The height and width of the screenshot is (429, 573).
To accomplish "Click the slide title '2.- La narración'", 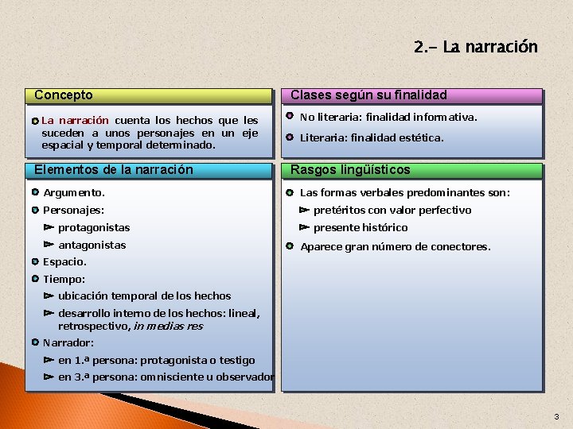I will [x=475, y=47].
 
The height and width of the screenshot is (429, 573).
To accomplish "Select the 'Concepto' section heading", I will [x=64, y=95].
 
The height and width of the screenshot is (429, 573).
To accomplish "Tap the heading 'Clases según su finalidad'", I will [x=368, y=95].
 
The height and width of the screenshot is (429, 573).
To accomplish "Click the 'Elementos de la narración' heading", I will [x=114, y=169].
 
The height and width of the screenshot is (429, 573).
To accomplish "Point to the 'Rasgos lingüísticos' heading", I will [x=350, y=169].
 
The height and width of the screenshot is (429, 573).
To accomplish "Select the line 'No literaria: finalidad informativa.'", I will [x=388, y=117].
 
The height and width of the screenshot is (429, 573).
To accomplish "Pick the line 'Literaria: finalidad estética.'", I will [x=372, y=137].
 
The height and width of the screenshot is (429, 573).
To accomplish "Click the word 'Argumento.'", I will [x=74, y=193].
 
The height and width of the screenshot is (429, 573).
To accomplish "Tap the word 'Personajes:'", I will [x=74, y=211].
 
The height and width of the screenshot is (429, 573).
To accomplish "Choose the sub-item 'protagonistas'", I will [x=94, y=228].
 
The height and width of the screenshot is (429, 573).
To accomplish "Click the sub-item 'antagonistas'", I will [x=92, y=245].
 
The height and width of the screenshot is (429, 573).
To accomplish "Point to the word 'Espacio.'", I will [x=65, y=262].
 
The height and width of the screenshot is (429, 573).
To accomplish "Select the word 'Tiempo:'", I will [x=64, y=280].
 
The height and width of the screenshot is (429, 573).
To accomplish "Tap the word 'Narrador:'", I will [x=68, y=343].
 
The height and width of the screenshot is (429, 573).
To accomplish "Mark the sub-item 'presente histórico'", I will [x=361, y=228].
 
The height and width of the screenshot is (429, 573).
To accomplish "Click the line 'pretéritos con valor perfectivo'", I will [x=392, y=211].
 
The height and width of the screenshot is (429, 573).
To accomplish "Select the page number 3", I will [x=556, y=417].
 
